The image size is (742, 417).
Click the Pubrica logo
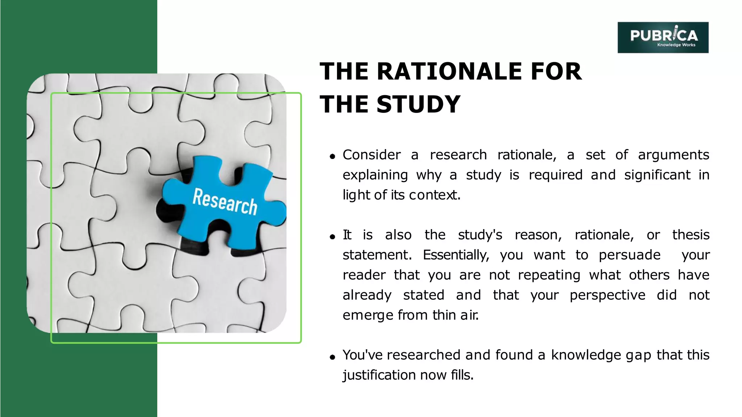pos(663,37)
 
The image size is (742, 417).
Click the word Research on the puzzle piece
pos(225,202)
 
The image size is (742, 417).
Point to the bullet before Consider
pos(332,157)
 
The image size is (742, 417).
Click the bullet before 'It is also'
pos(332,237)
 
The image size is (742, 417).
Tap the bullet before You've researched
pos(332,357)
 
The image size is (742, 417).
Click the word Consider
pos(371,155)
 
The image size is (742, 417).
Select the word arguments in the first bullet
pos(673,155)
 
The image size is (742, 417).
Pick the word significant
pos(657,175)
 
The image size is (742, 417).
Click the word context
pos(434,195)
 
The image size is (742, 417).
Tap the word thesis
pos(691,235)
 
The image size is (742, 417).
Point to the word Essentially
pos(456,255)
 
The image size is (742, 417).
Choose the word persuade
pos(629,255)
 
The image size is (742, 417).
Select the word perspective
pos(607,295)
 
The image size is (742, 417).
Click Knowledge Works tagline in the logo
pos(676,45)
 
